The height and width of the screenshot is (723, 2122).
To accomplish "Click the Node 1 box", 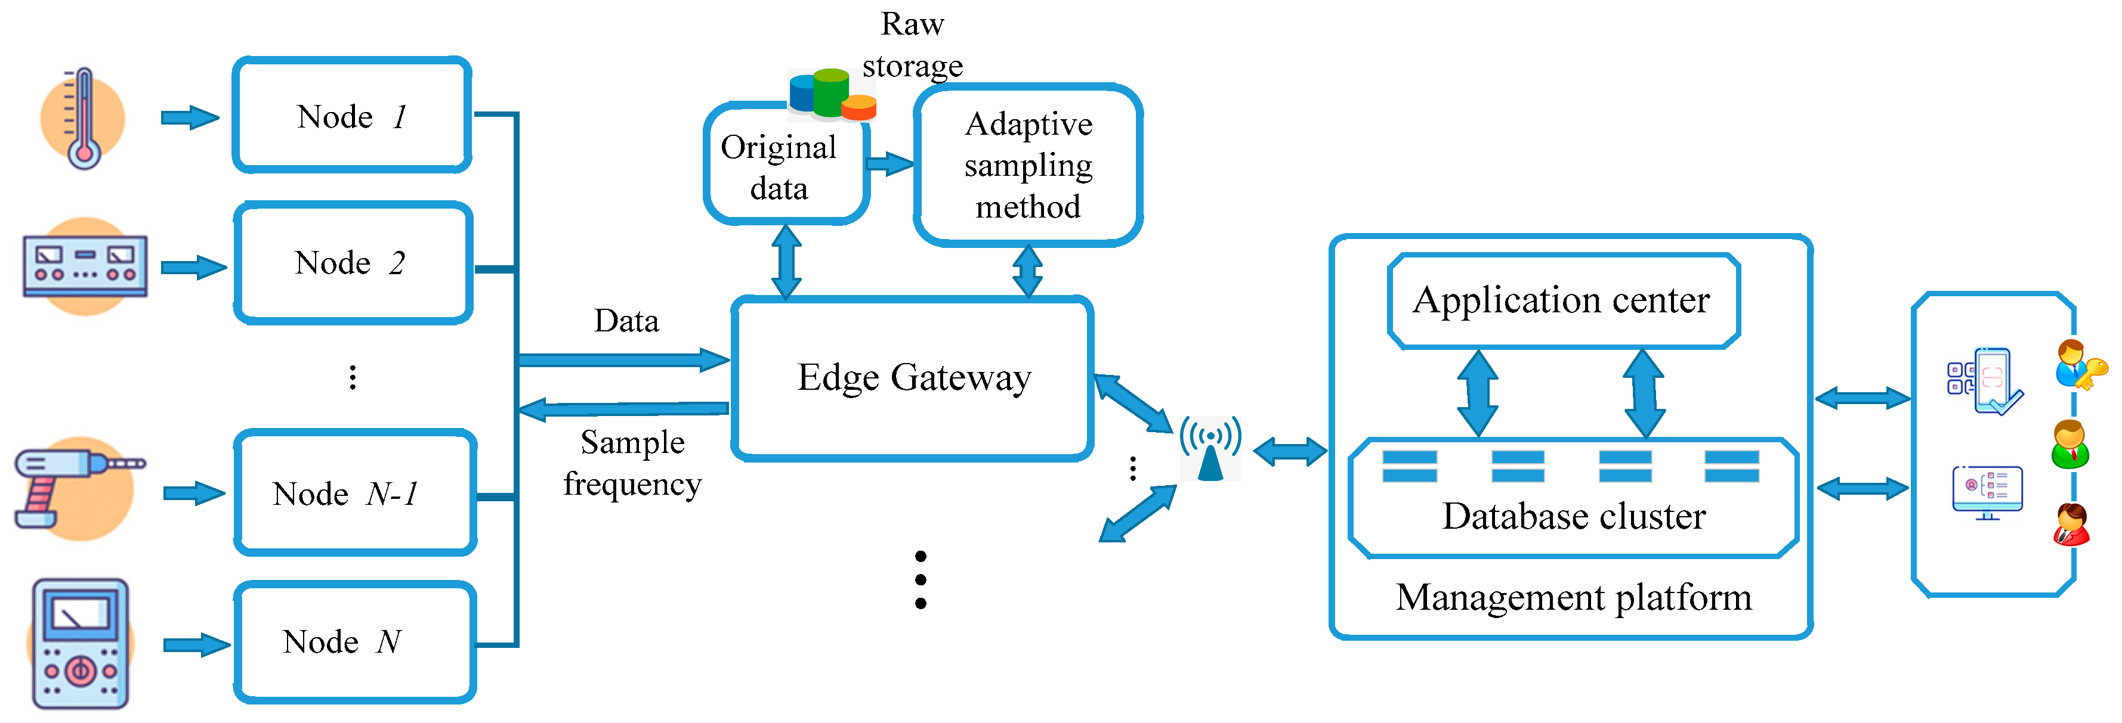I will click(x=352, y=115).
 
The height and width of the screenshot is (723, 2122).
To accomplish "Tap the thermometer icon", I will click(x=82, y=119).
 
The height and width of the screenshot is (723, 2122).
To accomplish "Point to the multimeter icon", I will click(x=80, y=643).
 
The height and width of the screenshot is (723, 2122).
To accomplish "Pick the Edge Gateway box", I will click(x=912, y=378).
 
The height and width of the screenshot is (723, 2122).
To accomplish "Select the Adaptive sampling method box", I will click(x=1027, y=165).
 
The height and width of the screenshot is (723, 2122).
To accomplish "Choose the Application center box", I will click(x=1562, y=300).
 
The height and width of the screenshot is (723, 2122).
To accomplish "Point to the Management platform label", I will click(x=1573, y=597).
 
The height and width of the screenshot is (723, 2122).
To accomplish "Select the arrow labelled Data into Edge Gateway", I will click(x=623, y=359).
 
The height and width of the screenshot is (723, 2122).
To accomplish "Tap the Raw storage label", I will click(x=912, y=45).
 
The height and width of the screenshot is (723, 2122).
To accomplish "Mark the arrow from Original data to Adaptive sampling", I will click(x=889, y=163).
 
